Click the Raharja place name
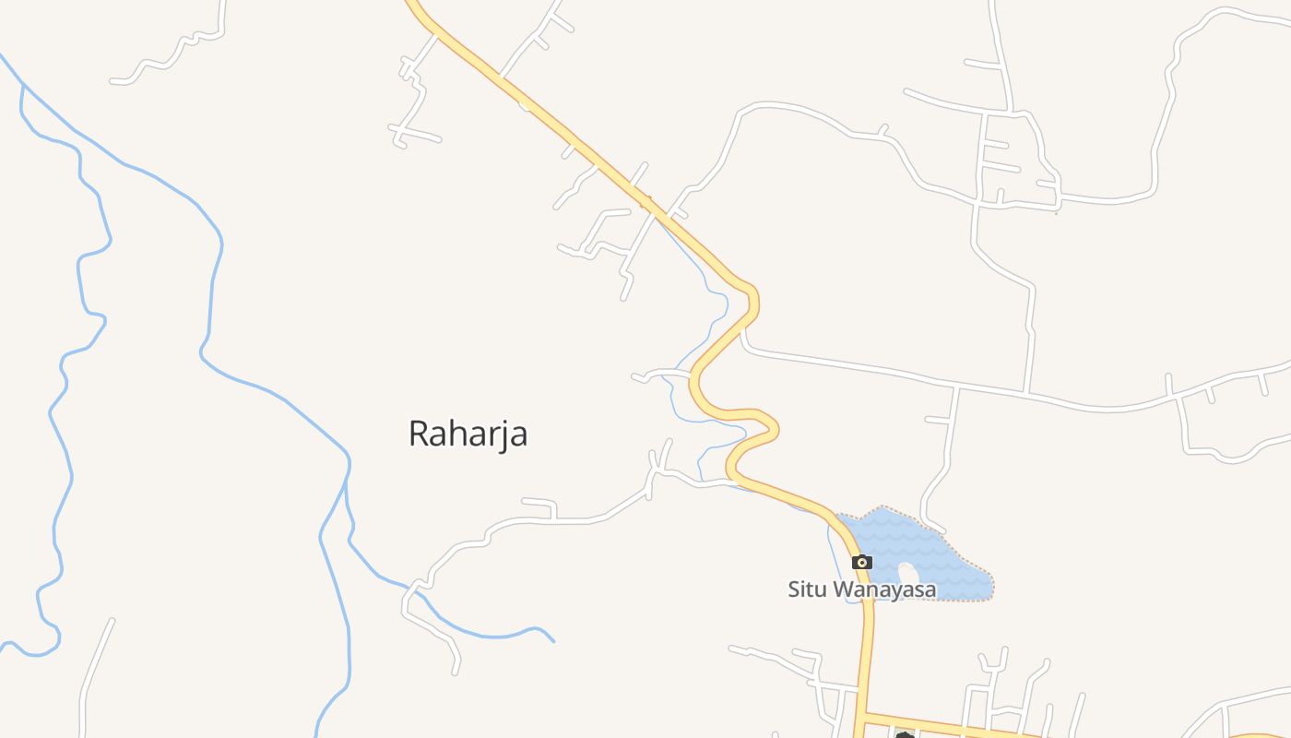tap(468, 433)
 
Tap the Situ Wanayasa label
tap(861, 589)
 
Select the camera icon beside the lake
tap(862, 562)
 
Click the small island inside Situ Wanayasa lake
tap(908, 573)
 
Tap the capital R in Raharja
tap(419, 433)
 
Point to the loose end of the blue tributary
tap(553, 640)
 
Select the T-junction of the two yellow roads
tap(864, 715)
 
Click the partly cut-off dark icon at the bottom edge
tap(905, 734)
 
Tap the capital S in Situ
tap(794, 589)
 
